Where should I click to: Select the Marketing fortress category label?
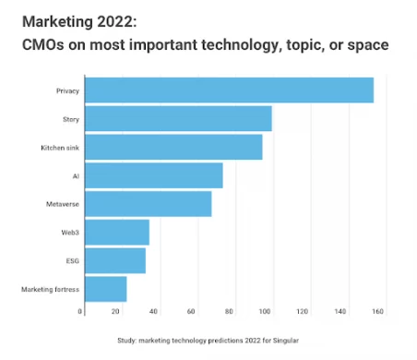coord(51,290)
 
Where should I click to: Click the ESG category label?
coord(72,261)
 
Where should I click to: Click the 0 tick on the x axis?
coord(81,312)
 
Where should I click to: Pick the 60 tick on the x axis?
coord(192,312)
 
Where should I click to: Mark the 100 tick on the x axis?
coord(267,312)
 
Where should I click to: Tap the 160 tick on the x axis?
coord(377,312)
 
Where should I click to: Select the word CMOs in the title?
coord(42,45)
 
